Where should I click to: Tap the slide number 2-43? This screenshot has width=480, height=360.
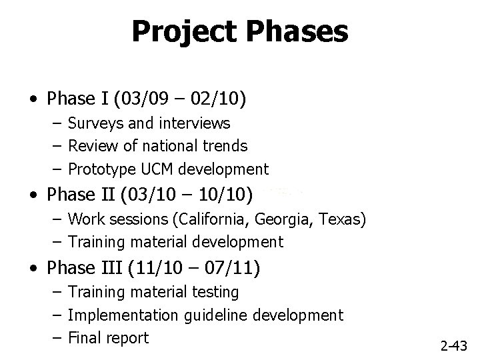(454, 345)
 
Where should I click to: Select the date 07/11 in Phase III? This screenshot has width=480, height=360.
(235, 267)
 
